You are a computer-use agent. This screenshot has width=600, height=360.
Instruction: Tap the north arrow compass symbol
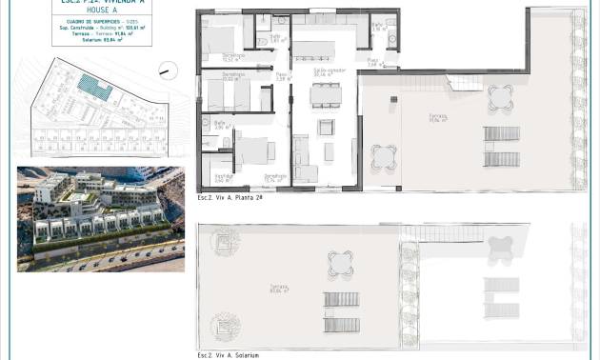tap(167, 70)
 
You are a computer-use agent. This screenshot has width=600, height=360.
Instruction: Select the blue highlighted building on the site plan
tap(94, 88)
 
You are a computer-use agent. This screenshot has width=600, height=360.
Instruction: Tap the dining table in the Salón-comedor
tap(326, 93)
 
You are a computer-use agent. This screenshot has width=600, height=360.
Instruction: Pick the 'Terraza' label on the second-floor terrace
tap(437, 118)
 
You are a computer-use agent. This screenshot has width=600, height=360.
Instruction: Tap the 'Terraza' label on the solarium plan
tap(278, 288)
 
